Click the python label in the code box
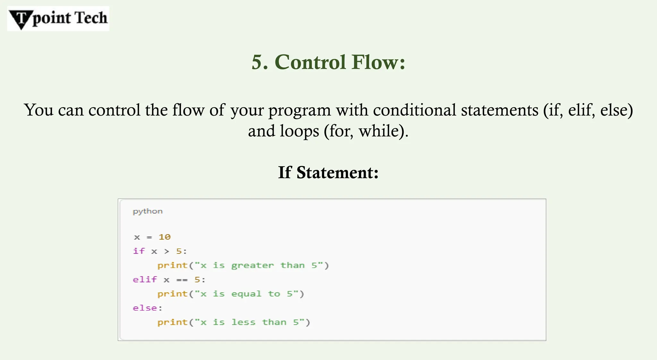(x=148, y=211)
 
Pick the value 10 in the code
(x=165, y=237)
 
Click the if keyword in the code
(x=139, y=251)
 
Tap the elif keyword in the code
(x=145, y=279)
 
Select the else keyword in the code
(x=145, y=308)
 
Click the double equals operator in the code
(x=182, y=280)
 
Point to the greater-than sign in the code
(x=166, y=251)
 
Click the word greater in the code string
(x=252, y=265)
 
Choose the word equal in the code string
(x=246, y=294)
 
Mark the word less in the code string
(x=243, y=322)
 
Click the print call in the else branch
(x=172, y=322)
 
